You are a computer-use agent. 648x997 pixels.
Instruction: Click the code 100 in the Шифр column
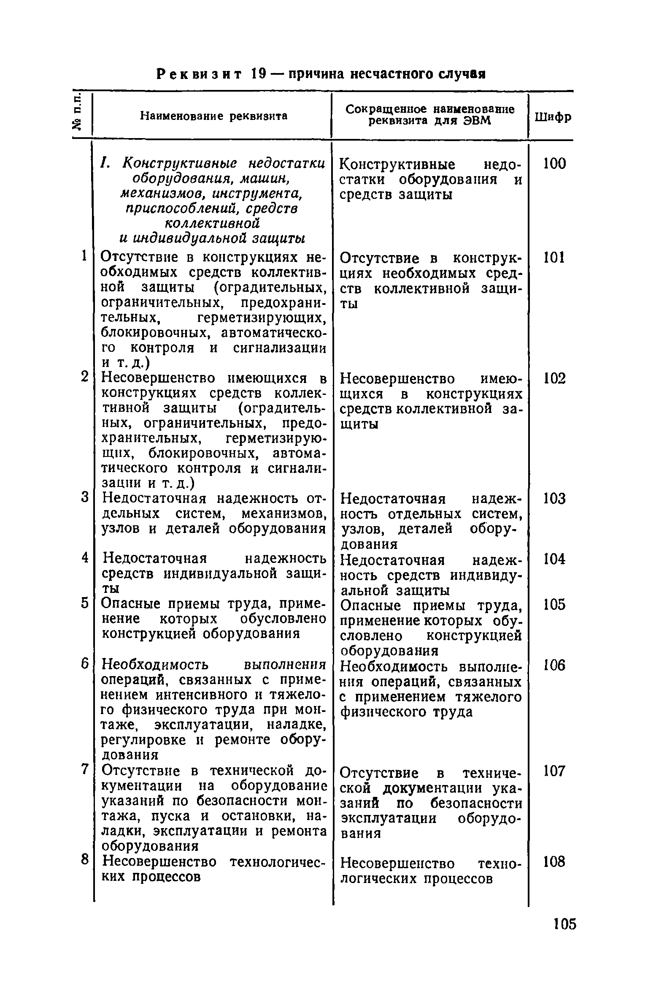(554, 163)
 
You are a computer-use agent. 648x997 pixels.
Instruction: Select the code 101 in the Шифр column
(553, 257)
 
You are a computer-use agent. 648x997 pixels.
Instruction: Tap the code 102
(554, 378)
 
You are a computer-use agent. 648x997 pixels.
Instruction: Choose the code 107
(554, 771)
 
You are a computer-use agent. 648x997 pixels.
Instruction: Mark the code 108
(554, 861)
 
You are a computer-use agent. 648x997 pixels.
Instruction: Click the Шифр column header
(553, 117)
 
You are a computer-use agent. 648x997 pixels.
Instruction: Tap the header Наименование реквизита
(214, 115)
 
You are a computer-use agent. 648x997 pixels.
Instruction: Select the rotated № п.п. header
(78, 114)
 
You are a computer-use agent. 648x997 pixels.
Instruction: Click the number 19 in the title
(257, 74)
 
